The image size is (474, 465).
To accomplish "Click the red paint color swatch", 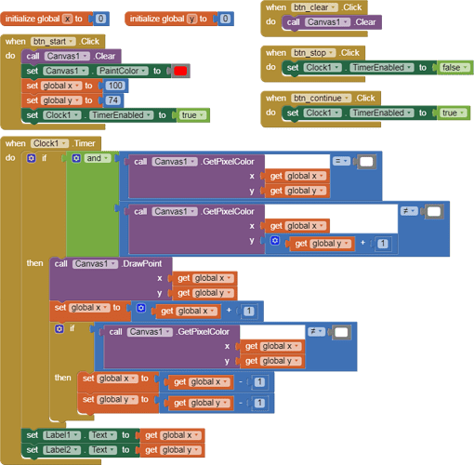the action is click(180, 71).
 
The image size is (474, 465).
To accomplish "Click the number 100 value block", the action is click(115, 86).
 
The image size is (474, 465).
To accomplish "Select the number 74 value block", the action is click(112, 100).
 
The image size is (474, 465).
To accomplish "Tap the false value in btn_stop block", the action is click(454, 68).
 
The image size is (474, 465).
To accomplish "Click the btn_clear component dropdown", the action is click(314, 7).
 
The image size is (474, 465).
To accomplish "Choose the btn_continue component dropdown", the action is click(321, 99).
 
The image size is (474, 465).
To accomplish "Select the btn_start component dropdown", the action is click(53, 42).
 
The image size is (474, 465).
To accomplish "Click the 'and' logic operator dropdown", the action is click(98, 158).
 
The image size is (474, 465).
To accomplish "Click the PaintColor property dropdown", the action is click(122, 71).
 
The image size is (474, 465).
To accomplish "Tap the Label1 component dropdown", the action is click(61, 435).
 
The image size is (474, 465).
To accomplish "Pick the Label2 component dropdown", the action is click(61, 450).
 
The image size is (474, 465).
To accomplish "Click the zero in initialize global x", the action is click(100, 19).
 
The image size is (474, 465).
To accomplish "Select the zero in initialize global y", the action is click(225, 19).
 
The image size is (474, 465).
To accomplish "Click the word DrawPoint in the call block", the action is click(142, 264).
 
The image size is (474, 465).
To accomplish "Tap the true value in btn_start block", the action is click(192, 115).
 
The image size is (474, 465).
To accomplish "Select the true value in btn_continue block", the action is click(453, 113).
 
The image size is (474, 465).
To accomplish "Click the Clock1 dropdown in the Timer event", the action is click(49, 143).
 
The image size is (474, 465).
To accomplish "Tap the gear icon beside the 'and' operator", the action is click(76, 158).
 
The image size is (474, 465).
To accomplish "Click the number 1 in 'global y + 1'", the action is click(383, 244).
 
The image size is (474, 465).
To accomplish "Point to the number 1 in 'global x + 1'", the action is click(249, 311).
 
